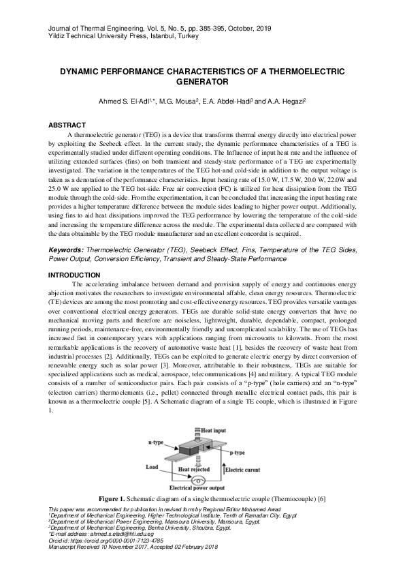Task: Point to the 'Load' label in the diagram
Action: click(x=152, y=468)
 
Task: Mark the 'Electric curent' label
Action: click(x=243, y=470)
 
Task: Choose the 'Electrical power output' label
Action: click(x=197, y=488)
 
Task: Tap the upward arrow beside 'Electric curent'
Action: click(x=223, y=468)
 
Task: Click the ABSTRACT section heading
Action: click(x=67, y=125)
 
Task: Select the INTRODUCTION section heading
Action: click(x=74, y=275)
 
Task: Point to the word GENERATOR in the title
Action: click(x=202, y=81)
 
